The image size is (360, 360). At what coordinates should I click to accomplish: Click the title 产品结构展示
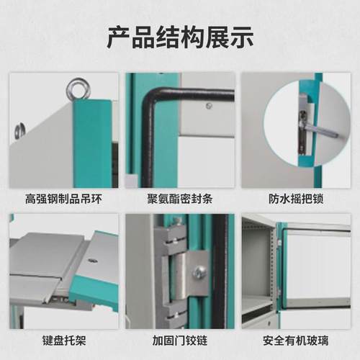point(179,37)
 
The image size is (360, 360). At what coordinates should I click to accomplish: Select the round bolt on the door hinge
point(199,272)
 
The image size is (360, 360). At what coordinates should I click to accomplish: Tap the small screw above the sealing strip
point(209,106)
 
